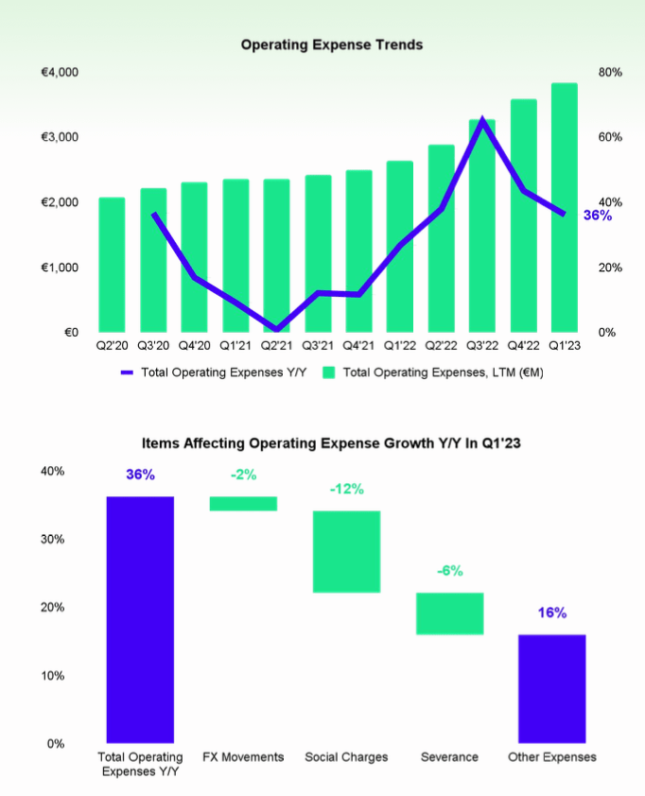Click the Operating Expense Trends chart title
(x=331, y=44)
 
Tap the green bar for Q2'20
(x=112, y=265)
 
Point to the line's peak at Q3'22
(x=482, y=120)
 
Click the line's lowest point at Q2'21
(x=276, y=329)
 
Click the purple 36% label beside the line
(x=597, y=216)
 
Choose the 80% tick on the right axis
(x=610, y=73)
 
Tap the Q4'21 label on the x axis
(x=358, y=346)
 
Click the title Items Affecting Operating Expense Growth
(x=322, y=441)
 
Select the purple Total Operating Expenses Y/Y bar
(x=140, y=619)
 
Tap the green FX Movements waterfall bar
(x=243, y=504)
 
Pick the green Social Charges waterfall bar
(x=346, y=552)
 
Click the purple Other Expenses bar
(x=552, y=688)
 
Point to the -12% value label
(x=346, y=490)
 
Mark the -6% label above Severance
(x=449, y=571)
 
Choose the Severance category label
(x=449, y=757)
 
